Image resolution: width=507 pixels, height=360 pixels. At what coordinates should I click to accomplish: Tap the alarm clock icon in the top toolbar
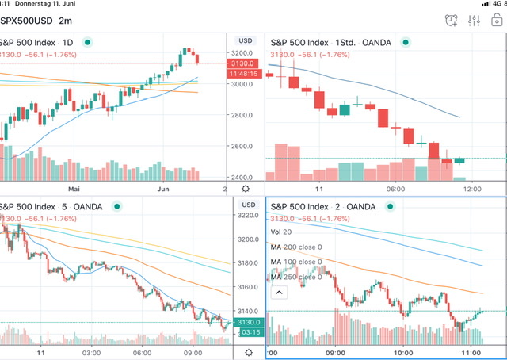point(452,20)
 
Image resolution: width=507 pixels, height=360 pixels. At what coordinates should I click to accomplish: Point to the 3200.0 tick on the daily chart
point(242,53)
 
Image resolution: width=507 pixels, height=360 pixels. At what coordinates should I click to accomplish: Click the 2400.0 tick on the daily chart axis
point(242,178)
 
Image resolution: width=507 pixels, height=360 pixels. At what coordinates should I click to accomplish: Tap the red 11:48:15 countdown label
point(242,74)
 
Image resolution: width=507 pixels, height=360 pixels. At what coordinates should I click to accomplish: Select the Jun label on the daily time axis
point(164,189)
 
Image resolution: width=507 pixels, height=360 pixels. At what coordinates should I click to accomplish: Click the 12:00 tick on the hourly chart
point(472,189)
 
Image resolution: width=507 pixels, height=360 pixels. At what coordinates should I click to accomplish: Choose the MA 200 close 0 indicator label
point(296,247)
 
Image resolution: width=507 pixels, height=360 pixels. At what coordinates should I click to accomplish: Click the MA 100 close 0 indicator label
point(296,262)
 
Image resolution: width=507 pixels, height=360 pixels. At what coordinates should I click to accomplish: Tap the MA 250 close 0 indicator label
point(296,277)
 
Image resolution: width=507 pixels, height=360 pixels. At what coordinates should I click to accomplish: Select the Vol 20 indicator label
point(280,232)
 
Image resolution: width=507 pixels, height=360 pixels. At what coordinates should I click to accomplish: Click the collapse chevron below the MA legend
point(278,293)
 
